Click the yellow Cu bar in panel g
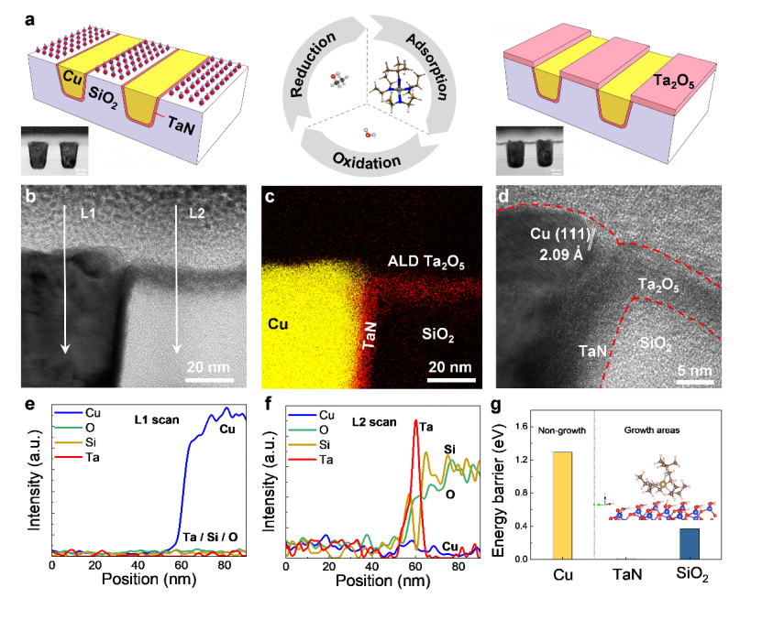pos(562,505)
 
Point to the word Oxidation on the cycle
pos(366,161)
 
